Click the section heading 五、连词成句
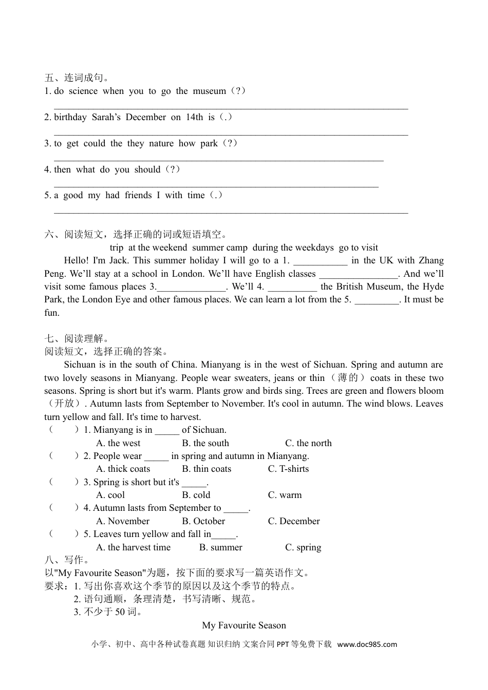tap(77, 78)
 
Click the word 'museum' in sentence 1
tap(209, 91)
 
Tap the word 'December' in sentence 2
tap(146, 117)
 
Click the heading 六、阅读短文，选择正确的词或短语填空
tap(136, 235)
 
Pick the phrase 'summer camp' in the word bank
tap(219, 247)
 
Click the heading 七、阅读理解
tap(77, 339)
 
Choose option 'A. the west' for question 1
tap(118, 443)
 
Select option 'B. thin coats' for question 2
tap(207, 469)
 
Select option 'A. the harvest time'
tap(133, 547)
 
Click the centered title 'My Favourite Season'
tap(244, 625)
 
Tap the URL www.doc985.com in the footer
tap(367, 644)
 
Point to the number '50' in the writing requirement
tap(120, 612)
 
